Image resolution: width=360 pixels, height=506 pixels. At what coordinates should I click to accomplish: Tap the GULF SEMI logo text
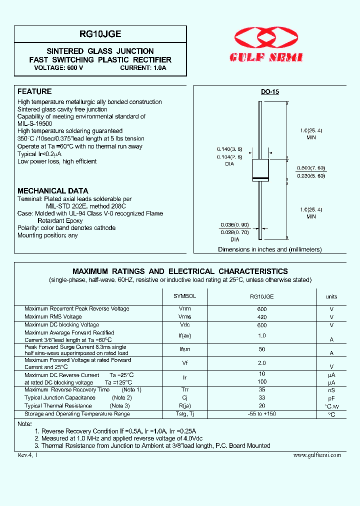[x=266, y=58]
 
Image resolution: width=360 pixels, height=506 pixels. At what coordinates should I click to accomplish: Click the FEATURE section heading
[x=34, y=91]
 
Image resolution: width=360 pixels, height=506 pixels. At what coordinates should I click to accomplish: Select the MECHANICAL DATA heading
[x=52, y=191]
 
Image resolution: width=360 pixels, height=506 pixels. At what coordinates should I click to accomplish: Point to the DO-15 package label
[x=270, y=92]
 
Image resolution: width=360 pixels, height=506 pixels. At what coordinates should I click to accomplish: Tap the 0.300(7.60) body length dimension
[x=311, y=168]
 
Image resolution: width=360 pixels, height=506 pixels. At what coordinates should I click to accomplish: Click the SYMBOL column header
[x=184, y=296]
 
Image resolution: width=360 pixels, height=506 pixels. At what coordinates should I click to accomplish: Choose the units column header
[x=331, y=297]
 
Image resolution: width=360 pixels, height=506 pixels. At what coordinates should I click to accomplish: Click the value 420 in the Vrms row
[x=262, y=317]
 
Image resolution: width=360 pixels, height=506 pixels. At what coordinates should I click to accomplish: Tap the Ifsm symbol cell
[x=184, y=349]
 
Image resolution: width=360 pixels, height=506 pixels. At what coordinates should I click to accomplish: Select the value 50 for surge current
[x=262, y=349]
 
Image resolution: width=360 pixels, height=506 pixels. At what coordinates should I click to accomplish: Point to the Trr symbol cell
[x=184, y=390]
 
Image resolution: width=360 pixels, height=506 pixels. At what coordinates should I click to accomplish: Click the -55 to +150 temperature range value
[x=262, y=414]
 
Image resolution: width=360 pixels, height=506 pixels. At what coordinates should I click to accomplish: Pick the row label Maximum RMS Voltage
[x=53, y=317]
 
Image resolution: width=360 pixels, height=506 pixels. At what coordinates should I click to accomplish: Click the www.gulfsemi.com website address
[x=317, y=455]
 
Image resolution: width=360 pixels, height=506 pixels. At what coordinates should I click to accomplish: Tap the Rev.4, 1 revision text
[x=27, y=455]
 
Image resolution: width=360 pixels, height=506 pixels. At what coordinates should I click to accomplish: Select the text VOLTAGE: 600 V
[x=58, y=67]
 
